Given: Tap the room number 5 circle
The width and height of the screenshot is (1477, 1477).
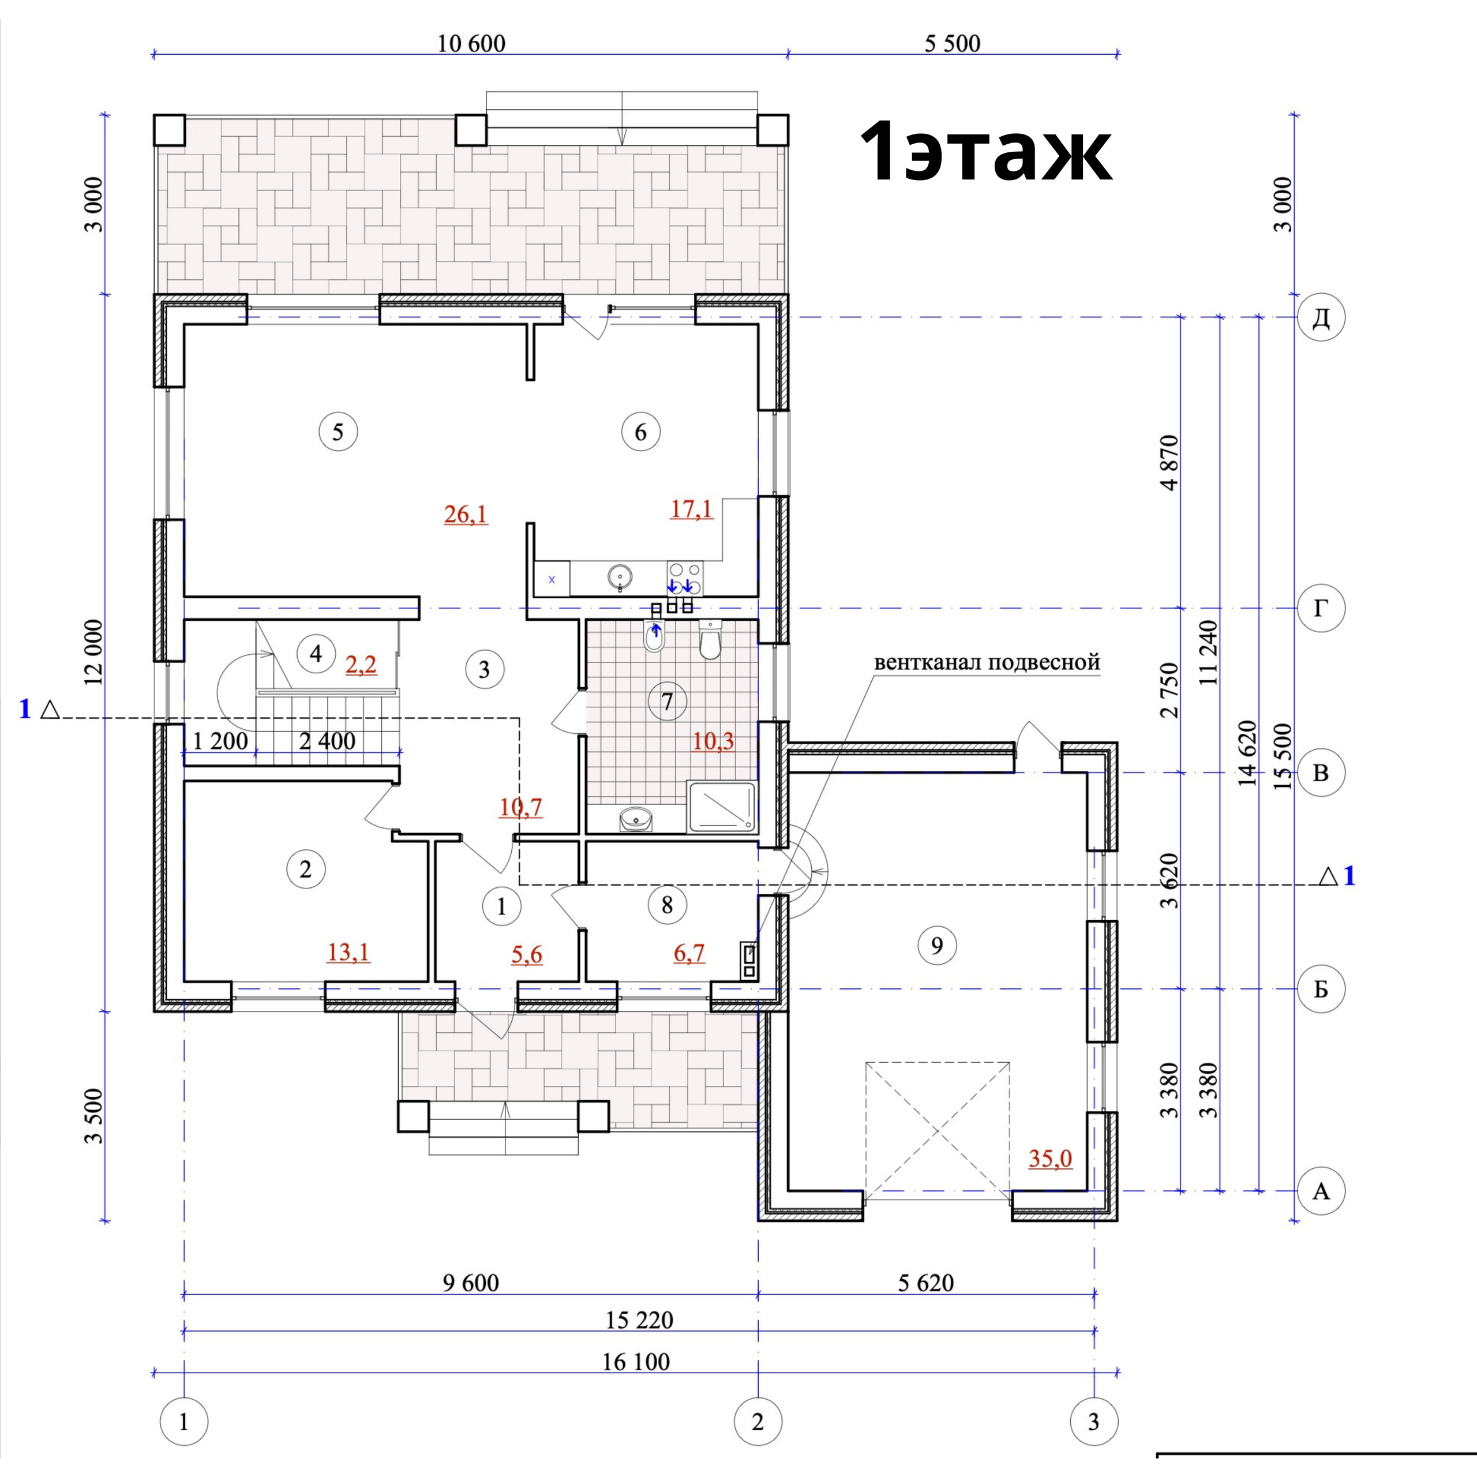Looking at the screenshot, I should pyautogui.click(x=338, y=432).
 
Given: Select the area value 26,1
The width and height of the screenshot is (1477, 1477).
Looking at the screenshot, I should pyautogui.click(x=466, y=515).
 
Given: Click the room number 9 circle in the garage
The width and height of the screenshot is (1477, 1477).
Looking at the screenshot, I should pyautogui.click(x=936, y=946).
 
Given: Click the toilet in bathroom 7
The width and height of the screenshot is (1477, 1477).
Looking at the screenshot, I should pyautogui.click(x=710, y=640).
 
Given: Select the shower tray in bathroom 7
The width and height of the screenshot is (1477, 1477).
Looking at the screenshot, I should pyautogui.click(x=721, y=807).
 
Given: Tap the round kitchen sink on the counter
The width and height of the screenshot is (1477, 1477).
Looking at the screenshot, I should pyautogui.click(x=621, y=576).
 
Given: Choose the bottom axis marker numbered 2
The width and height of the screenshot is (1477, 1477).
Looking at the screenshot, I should pyautogui.click(x=758, y=1422).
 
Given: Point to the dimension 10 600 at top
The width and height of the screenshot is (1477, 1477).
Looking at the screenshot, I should pyautogui.click(x=471, y=44).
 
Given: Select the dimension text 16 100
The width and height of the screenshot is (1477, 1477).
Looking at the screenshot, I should pyautogui.click(x=636, y=1362).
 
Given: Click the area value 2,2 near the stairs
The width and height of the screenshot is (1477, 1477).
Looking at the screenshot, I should pyautogui.click(x=361, y=665).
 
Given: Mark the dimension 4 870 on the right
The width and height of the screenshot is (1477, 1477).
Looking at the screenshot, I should pyautogui.click(x=1169, y=463).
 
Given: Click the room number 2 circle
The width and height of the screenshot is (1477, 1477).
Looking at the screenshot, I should pyautogui.click(x=306, y=869).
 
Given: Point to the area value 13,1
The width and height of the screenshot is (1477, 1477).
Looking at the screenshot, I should pyautogui.click(x=348, y=953).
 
